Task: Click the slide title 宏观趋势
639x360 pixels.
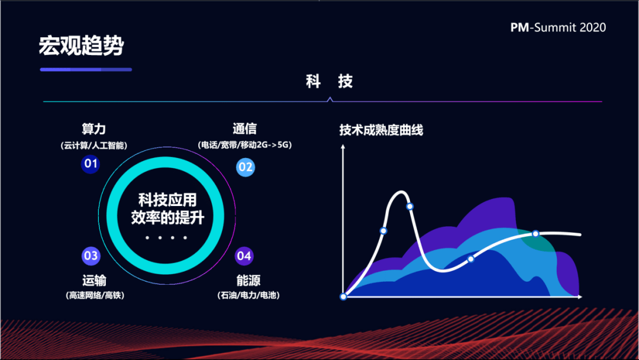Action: pyautogui.click(x=81, y=45)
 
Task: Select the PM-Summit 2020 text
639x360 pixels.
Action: pyautogui.click(x=558, y=27)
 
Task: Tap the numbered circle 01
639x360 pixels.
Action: pyautogui.click(x=91, y=164)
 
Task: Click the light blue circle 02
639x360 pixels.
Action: pyautogui.click(x=246, y=167)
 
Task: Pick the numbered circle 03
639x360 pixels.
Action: pyautogui.click(x=91, y=256)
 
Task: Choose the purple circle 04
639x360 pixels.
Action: pyautogui.click(x=244, y=256)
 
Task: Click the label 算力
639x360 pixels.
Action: pyautogui.click(x=93, y=129)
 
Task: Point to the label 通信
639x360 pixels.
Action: pyautogui.click(x=244, y=129)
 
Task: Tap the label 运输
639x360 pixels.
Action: pyautogui.click(x=94, y=281)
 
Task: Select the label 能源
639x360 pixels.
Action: pyautogui.click(x=248, y=281)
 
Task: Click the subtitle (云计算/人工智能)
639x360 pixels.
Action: pyautogui.click(x=93, y=146)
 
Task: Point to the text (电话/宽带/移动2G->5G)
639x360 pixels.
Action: pyautogui.click(x=244, y=144)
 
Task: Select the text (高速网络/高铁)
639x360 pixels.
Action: pyautogui.click(x=95, y=295)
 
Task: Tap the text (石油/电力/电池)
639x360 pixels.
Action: pyautogui.click(x=248, y=295)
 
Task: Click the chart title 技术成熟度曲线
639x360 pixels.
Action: pyautogui.click(x=381, y=130)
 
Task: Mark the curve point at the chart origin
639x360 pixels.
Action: pyautogui.click(x=343, y=297)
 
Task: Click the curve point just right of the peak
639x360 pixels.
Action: pyautogui.click(x=410, y=206)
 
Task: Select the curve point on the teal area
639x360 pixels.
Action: pyautogui.click(x=535, y=234)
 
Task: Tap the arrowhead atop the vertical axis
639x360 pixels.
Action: pyautogui.click(x=343, y=146)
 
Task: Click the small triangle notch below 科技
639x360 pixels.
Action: pyautogui.click(x=330, y=99)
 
